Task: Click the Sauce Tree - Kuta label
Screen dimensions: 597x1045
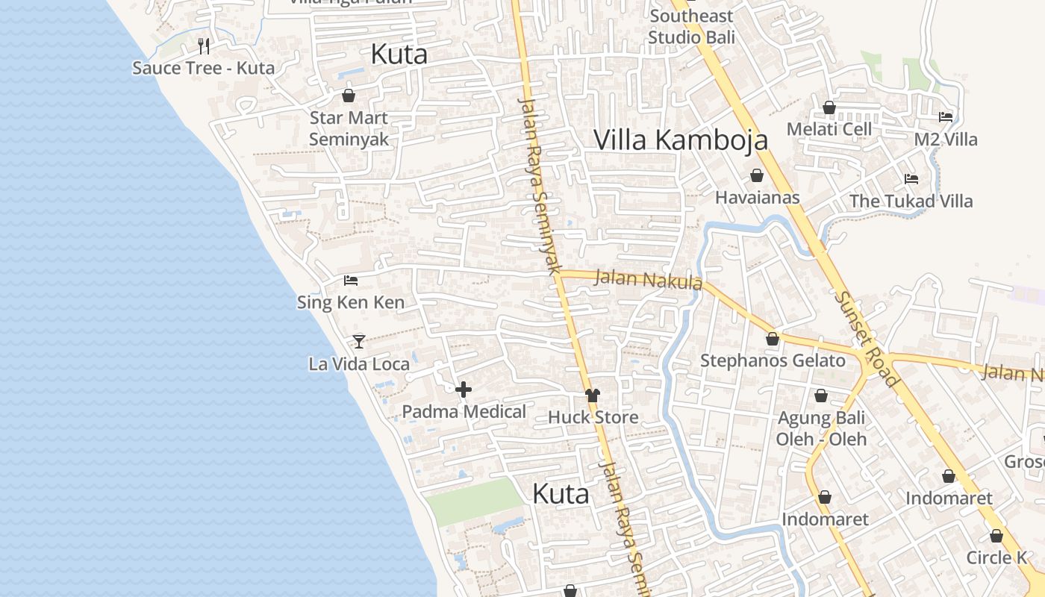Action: (203, 68)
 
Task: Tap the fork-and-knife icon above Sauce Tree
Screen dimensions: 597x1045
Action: (204, 46)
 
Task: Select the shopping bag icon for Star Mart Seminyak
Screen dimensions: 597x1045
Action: (349, 96)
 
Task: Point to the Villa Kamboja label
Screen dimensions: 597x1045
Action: (681, 140)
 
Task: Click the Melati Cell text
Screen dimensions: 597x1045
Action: (829, 129)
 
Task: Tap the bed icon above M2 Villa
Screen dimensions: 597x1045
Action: (946, 117)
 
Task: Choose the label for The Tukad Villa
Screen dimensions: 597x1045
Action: (911, 201)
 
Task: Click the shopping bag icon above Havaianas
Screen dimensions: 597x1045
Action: (757, 175)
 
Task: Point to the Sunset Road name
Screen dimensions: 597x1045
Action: (867, 338)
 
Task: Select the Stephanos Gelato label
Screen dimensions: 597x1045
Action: (773, 361)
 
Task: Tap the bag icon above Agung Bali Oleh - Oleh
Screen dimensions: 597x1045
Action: (821, 396)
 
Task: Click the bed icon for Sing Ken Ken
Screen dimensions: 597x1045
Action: (351, 281)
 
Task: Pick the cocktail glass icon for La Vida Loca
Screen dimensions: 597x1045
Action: (359, 342)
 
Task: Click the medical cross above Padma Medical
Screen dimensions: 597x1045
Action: (464, 390)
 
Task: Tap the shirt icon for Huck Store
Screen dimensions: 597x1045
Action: (593, 396)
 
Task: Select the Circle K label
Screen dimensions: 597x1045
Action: (996, 557)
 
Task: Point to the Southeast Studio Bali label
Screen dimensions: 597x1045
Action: (691, 26)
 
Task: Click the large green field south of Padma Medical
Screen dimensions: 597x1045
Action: (475, 501)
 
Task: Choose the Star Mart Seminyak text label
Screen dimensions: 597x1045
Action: (349, 128)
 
